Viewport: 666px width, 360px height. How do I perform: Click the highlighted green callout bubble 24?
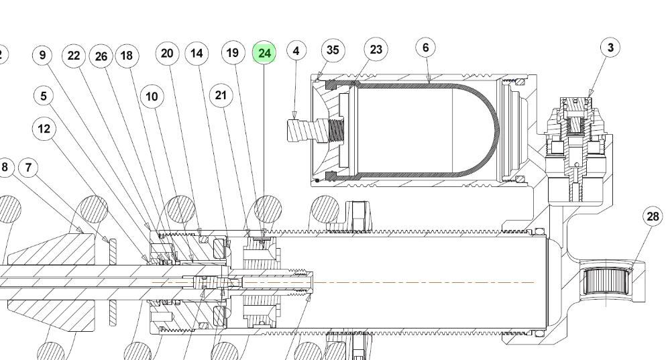(x=264, y=53)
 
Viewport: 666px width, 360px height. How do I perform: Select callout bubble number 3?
(x=610, y=47)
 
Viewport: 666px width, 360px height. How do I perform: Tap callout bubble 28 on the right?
(x=653, y=216)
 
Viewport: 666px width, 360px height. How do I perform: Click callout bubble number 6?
(x=425, y=48)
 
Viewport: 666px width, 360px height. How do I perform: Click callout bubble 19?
(x=232, y=52)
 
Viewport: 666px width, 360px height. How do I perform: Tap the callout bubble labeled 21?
(x=220, y=95)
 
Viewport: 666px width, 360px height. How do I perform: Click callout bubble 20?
(x=167, y=53)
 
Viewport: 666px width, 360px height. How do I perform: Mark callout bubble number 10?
(x=152, y=97)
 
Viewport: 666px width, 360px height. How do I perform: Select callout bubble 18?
(x=126, y=56)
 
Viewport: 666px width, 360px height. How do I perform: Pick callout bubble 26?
(x=101, y=56)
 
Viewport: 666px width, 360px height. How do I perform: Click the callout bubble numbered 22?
(x=74, y=55)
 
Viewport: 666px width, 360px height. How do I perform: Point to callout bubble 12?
(x=44, y=129)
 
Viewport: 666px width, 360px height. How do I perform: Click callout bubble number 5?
(x=44, y=95)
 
